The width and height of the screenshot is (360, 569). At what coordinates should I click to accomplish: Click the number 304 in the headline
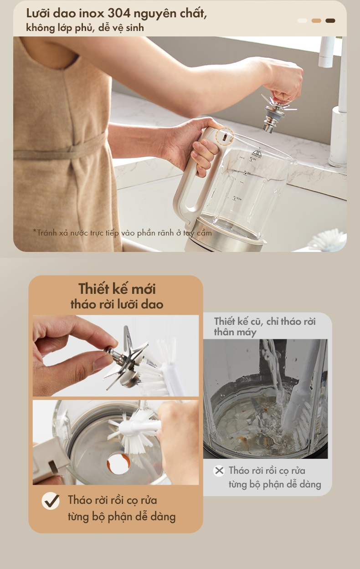118,13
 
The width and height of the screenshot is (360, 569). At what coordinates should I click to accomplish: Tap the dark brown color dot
330,21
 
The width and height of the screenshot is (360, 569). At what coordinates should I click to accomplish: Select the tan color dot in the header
316,21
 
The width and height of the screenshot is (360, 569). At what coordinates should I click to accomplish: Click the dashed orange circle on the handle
225,136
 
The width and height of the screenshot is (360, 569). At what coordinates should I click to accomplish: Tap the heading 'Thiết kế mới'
117,289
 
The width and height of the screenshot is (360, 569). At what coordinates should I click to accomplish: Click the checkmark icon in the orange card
51,501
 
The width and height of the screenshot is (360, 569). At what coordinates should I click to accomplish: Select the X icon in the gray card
219,471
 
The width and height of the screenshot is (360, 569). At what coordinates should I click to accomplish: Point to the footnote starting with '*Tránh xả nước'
122,233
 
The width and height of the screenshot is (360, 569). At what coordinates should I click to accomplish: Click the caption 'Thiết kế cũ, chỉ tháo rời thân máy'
265,327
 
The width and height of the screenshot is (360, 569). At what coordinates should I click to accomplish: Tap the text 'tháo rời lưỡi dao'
117,304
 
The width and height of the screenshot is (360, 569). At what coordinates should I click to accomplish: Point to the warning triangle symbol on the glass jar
257,153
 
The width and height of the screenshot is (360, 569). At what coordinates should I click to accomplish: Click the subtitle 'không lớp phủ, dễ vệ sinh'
85,28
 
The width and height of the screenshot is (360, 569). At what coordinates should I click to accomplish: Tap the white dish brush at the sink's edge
328,240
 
